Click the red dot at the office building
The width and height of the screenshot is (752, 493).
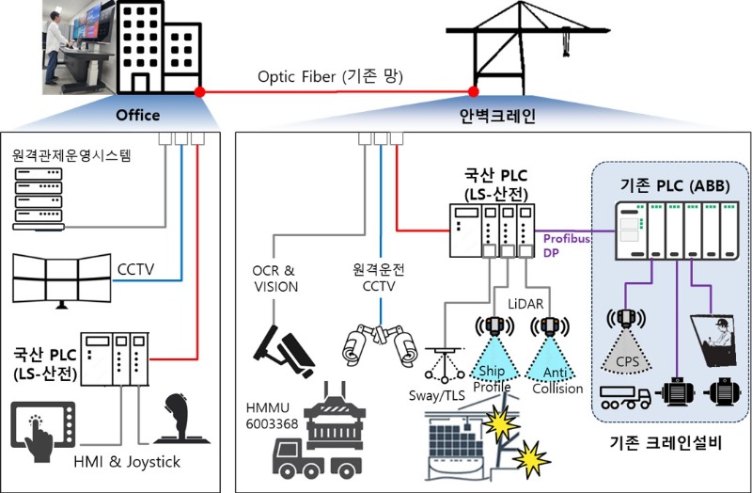[x=200, y=91]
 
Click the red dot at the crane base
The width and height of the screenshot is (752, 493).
[x=474, y=91]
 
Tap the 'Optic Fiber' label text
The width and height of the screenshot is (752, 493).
[x=296, y=77]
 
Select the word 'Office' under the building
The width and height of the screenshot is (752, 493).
[x=138, y=115]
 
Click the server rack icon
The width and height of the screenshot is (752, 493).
[x=39, y=199]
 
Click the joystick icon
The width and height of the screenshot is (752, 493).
[x=181, y=419]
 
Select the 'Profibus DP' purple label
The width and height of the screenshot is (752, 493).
[x=566, y=246]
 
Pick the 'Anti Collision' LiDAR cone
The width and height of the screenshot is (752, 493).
[x=550, y=358]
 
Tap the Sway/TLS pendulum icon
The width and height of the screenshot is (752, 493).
[x=445, y=365]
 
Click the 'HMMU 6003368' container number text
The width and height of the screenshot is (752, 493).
[x=272, y=416]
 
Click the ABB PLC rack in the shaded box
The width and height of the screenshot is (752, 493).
[x=677, y=231]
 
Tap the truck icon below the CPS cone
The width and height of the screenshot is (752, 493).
[x=625, y=397]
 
